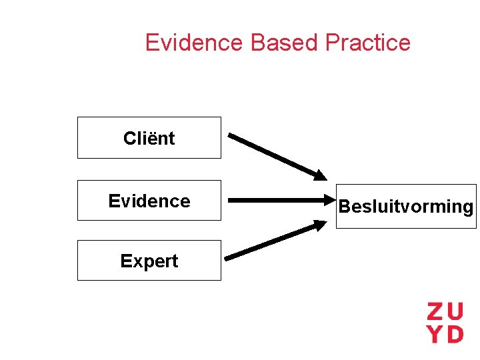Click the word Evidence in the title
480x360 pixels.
tap(194, 43)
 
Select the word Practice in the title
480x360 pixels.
tap(368, 43)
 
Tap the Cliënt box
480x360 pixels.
tap(149, 138)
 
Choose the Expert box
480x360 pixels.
tap(149, 261)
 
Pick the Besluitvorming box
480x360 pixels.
tap(406, 206)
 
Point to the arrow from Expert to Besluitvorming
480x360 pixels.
tap(273, 241)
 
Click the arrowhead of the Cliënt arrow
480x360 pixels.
tap(320, 175)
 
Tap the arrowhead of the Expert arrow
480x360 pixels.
tap(319, 227)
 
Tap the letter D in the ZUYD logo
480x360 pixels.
tap(455, 333)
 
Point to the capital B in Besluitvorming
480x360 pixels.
tap(344, 207)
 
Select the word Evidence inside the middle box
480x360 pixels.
tap(149, 201)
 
